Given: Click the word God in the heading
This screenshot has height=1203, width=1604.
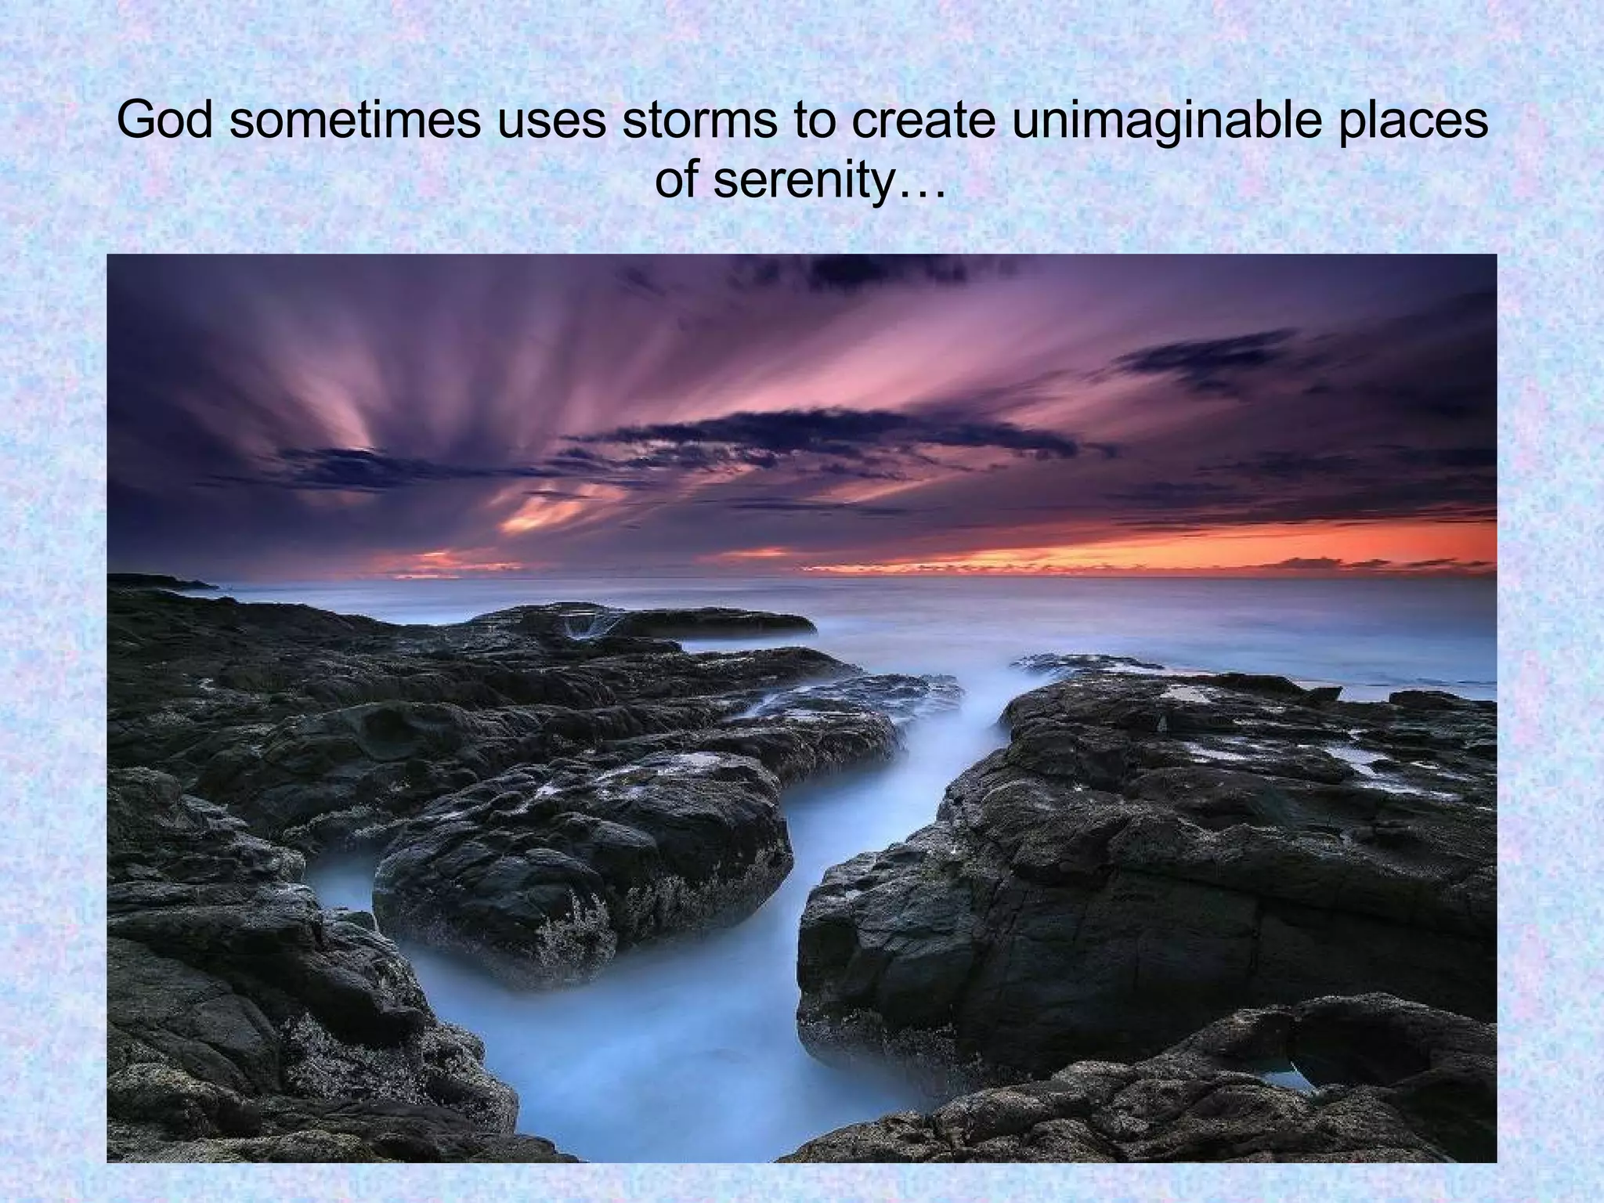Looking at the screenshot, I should click(x=166, y=121).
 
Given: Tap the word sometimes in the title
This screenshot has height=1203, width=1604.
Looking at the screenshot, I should click(x=354, y=121).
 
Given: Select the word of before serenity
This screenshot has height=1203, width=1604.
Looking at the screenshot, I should click(x=677, y=181).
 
